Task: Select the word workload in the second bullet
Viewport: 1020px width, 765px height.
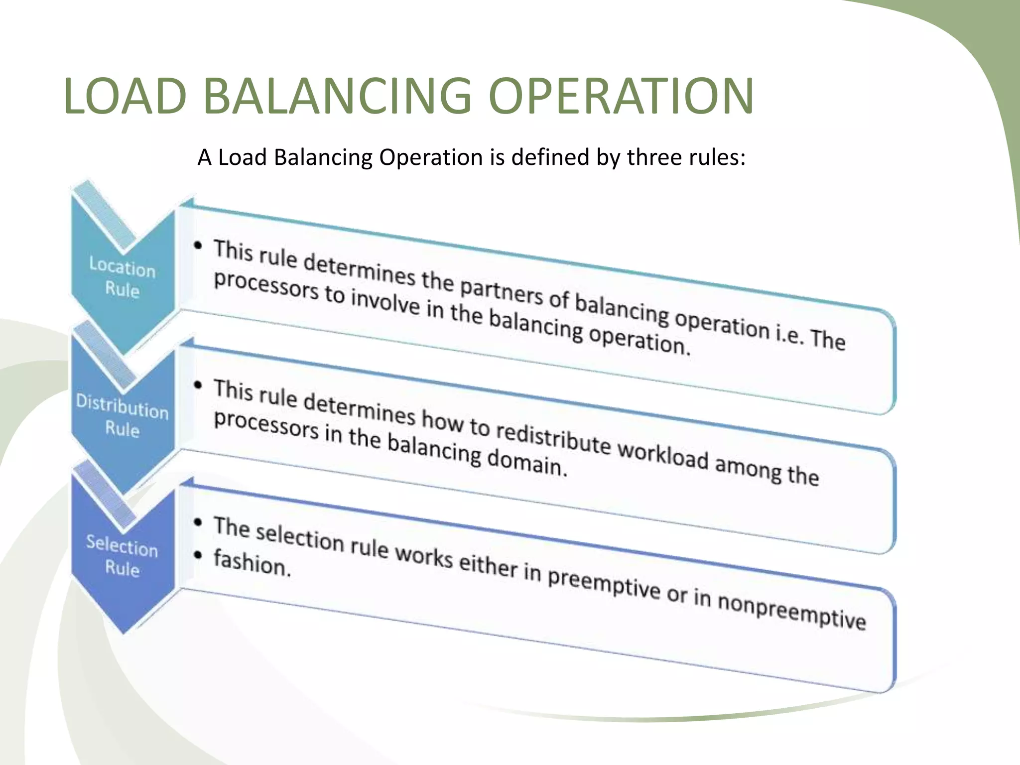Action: pyautogui.click(x=663, y=455)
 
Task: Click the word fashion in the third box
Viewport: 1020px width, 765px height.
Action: pyautogui.click(x=252, y=563)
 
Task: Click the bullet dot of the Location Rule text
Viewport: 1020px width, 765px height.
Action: pyautogui.click(x=199, y=246)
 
